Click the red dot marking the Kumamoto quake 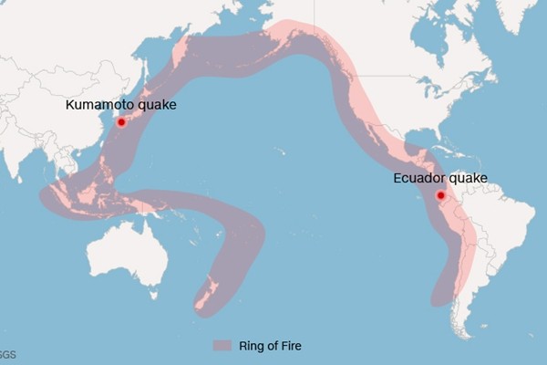(120, 121)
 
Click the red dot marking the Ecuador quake (440, 195)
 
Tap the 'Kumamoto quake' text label (120, 106)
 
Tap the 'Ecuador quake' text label (440, 178)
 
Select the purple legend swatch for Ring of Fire (222, 345)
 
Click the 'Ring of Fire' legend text (269, 345)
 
